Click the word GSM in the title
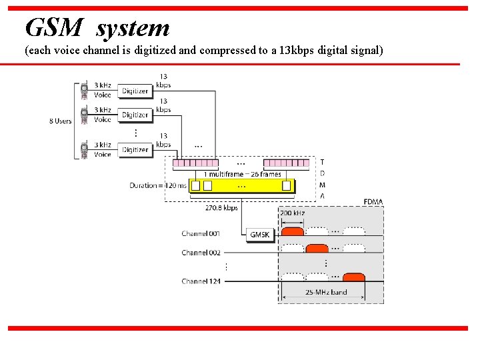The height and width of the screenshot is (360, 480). (55, 28)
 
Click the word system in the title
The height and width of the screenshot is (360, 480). (133, 29)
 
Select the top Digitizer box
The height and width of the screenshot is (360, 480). (135, 91)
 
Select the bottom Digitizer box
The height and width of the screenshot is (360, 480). (135, 150)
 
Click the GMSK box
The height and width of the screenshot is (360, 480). (259, 235)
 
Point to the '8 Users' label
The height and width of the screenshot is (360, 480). (60, 121)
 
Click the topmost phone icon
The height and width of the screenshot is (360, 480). (85, 89)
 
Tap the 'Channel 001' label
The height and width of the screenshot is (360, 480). (201, 234)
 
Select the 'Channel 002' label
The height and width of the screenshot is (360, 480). (201, 253)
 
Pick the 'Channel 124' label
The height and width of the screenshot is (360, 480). (201, 282)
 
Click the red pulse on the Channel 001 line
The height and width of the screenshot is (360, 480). (292, 231)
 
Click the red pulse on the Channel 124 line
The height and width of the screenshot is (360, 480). (353, 277)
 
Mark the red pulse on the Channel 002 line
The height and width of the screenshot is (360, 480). (317, 248)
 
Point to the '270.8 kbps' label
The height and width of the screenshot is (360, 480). (221, 208)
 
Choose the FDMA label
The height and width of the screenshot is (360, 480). (373, 201)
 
